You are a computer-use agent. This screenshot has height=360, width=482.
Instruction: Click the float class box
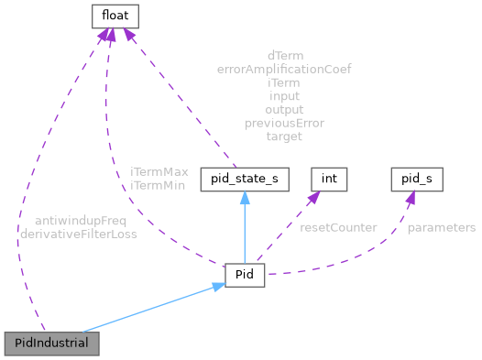pyautogui.click(x=112, y=16)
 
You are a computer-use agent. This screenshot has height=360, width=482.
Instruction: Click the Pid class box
pyautogui.click(x=245, y=274)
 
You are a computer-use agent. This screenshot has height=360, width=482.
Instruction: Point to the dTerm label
pyautogui.click(x=284, y=55)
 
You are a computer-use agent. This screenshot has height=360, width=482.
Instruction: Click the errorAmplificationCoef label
pyautogui.click(x=284, y=69)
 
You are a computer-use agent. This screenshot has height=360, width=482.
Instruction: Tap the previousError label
pyautogui.click(x=284, y=123)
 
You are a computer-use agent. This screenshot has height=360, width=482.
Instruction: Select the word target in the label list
pyautogui.click(x=284, y=136)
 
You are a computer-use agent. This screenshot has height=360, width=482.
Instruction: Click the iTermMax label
pyautogui.click(x=159, y=171)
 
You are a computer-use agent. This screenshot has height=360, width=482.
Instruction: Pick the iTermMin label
pyautogui.click(x=159, y=185)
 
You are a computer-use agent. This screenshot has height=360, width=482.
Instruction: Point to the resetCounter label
pyautogui.click(x=338, y=227)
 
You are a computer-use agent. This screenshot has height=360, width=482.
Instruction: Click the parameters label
pyautogui.click(x=442, y=227)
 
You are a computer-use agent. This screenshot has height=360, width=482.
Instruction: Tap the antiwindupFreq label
pyautogui.click(x=81, y=221)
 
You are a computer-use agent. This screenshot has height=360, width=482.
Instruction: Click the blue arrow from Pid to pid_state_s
pyautogui.click(x=245, y=229)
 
